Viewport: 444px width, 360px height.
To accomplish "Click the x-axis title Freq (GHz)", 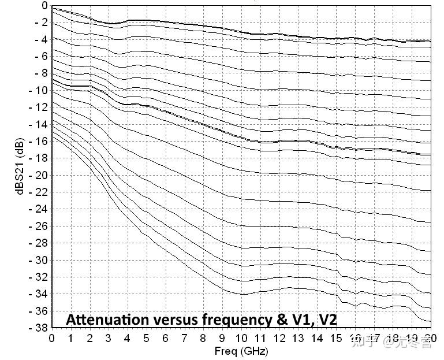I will point(241,351).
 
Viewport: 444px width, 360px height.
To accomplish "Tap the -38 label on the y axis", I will point(37,328).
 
